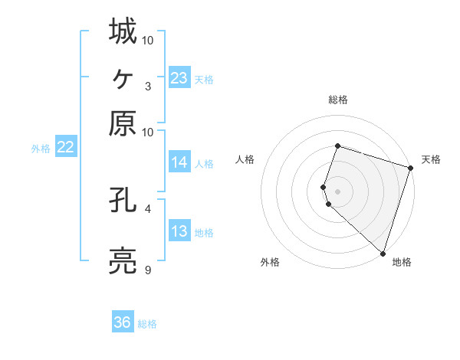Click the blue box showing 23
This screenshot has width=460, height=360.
pyautogui.click(x=179, y=77)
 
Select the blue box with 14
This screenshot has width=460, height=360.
pyautogui.click(x=179, y=162)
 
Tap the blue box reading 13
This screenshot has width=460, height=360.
pyautogui.click(x=179, y=231)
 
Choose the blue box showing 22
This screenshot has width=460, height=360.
pyautogui.click(x=65, y=148)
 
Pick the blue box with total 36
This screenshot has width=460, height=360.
pyautogui.click(x=122, y=322)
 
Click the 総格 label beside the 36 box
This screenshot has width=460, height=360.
pyautogui.click(x=147, y=324)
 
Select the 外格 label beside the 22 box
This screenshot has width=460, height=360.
pyautogui.click(x=40, y=149)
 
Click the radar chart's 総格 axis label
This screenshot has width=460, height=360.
pyautogui.click(x=337, y=100)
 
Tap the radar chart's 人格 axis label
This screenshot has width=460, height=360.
pyautogui.click(x=245, y=159)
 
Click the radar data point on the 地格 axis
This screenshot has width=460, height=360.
pyautogui.click(x=383, y=253)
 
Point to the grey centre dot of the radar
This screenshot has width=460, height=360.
pyautogui.click(x=337, y=191)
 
